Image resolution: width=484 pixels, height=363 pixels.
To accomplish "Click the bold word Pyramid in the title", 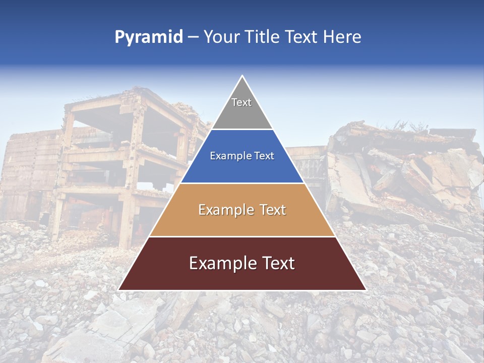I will coord(149,37).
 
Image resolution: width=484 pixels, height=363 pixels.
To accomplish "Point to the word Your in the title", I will coord(220,37).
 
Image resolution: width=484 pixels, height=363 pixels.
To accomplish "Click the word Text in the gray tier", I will coord(241,102).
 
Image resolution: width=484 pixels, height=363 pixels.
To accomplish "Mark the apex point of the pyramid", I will coord(243,76).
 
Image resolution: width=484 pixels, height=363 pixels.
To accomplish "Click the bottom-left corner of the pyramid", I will coord(119,290).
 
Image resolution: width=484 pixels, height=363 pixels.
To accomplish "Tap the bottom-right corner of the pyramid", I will coord(366,290).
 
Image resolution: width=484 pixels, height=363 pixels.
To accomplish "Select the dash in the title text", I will coord(193,37).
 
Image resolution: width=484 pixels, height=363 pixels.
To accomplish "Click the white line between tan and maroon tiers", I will coord(242,236).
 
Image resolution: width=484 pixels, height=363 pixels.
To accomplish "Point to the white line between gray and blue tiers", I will coord(242,130).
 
